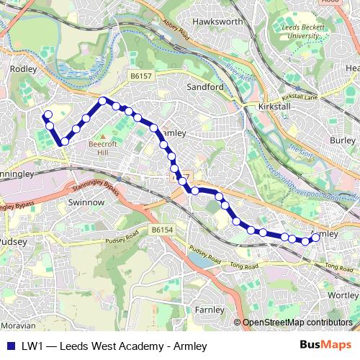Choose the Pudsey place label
coord(14,241)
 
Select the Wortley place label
coord(342,295)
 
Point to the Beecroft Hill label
coord(92,148)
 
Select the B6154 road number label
coord(165,229)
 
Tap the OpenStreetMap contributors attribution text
coord(297,323)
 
